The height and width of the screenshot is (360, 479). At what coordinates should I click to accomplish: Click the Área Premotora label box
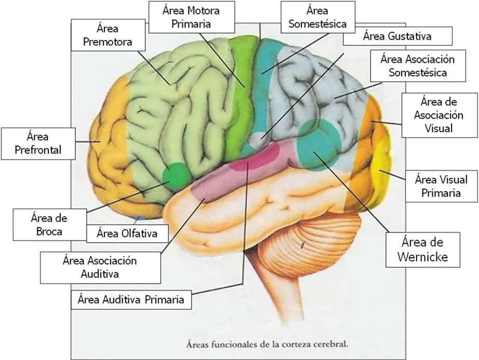tap(108, 35)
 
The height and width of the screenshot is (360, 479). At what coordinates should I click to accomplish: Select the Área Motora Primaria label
tap(191, 17)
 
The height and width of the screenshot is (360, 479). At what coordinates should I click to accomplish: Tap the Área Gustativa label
tap(398, 36)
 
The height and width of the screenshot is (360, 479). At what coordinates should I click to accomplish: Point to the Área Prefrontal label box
tap(38, 144)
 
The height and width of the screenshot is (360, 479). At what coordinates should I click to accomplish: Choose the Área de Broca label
tap(49, 225)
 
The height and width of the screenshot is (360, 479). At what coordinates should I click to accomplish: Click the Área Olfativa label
tap(127, 233)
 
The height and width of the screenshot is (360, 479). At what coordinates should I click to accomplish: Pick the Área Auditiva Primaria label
tap(131, 299)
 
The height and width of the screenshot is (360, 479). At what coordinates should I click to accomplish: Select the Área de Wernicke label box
tap(423, 250)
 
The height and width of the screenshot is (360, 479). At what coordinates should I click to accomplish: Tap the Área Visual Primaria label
tap(442, 186)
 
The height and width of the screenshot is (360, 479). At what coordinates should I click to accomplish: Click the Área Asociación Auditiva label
tap(100, 268)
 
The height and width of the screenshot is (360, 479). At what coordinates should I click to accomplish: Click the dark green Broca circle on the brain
tap(175, 175)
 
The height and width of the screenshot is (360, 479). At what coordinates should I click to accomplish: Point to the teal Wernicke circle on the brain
tap(319, 144)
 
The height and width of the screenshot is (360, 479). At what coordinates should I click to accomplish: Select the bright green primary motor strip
tap(241, 98)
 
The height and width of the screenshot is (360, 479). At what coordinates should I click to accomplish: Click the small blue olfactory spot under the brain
tap(140, 218)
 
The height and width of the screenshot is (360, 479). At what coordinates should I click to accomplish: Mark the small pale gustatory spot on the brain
tap(258, 139)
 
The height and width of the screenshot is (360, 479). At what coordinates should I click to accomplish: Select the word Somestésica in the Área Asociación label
tap(418, 73)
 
